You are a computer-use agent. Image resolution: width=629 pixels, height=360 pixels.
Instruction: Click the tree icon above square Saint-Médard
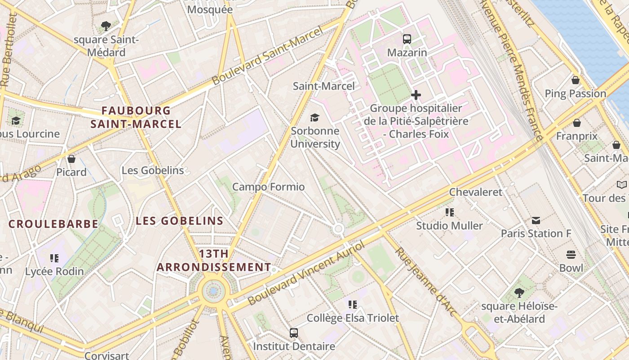coord(106,26)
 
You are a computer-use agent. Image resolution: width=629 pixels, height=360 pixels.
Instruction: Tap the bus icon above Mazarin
coord(407,39)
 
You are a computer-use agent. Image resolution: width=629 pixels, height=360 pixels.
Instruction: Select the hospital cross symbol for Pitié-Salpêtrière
coord(416,95)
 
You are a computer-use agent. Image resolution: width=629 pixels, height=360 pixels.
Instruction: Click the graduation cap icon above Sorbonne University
coord(314,118)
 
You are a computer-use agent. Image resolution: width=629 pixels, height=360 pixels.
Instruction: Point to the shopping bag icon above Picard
coord(71,159)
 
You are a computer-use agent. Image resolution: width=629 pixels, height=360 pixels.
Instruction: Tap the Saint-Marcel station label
coord(323,86)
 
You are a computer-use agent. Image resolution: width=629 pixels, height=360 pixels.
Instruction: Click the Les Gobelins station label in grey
coord(153,171)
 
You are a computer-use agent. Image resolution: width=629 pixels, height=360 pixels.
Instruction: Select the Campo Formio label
coord(268,187)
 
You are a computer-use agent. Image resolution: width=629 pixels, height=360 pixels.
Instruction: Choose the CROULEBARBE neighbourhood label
coord(53,224)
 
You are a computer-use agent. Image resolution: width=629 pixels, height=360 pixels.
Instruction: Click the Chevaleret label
coord(476,192)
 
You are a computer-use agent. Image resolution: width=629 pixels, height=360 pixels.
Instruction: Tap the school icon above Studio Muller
coord(449,212)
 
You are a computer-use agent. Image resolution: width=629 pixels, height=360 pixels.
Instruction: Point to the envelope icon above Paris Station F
coord(536,220)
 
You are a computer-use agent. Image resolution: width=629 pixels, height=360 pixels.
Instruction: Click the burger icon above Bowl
coord(571,255)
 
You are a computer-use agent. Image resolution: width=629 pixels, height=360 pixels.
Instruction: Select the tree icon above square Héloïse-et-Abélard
coord(519,293)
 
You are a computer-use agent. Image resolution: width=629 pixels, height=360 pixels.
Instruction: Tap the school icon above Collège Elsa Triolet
coord(353,305)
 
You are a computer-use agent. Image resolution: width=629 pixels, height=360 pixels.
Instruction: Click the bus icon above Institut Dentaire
coord(294,333)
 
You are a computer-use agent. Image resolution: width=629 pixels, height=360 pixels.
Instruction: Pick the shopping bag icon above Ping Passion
coord(576,81)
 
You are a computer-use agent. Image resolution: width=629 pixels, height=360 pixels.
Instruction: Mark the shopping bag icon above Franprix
coord(577,123)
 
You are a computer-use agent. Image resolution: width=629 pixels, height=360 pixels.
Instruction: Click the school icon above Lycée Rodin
coord(54,258)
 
